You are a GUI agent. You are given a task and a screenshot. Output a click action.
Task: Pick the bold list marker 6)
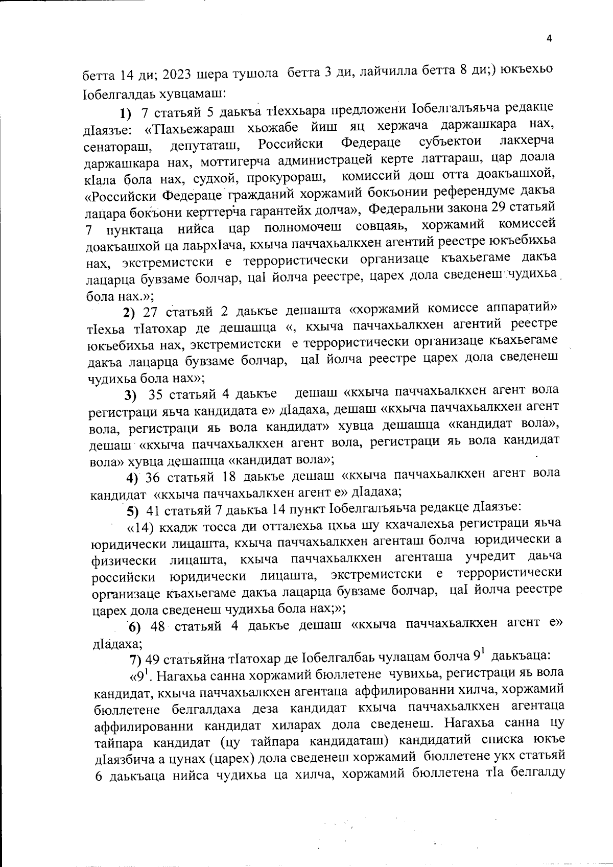134,627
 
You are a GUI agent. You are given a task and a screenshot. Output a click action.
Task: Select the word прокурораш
293,179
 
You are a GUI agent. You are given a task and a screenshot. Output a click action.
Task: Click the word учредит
493,557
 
